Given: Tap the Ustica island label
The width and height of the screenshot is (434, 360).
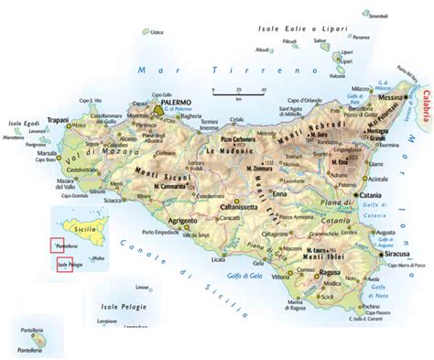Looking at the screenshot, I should [x=157, y=32].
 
